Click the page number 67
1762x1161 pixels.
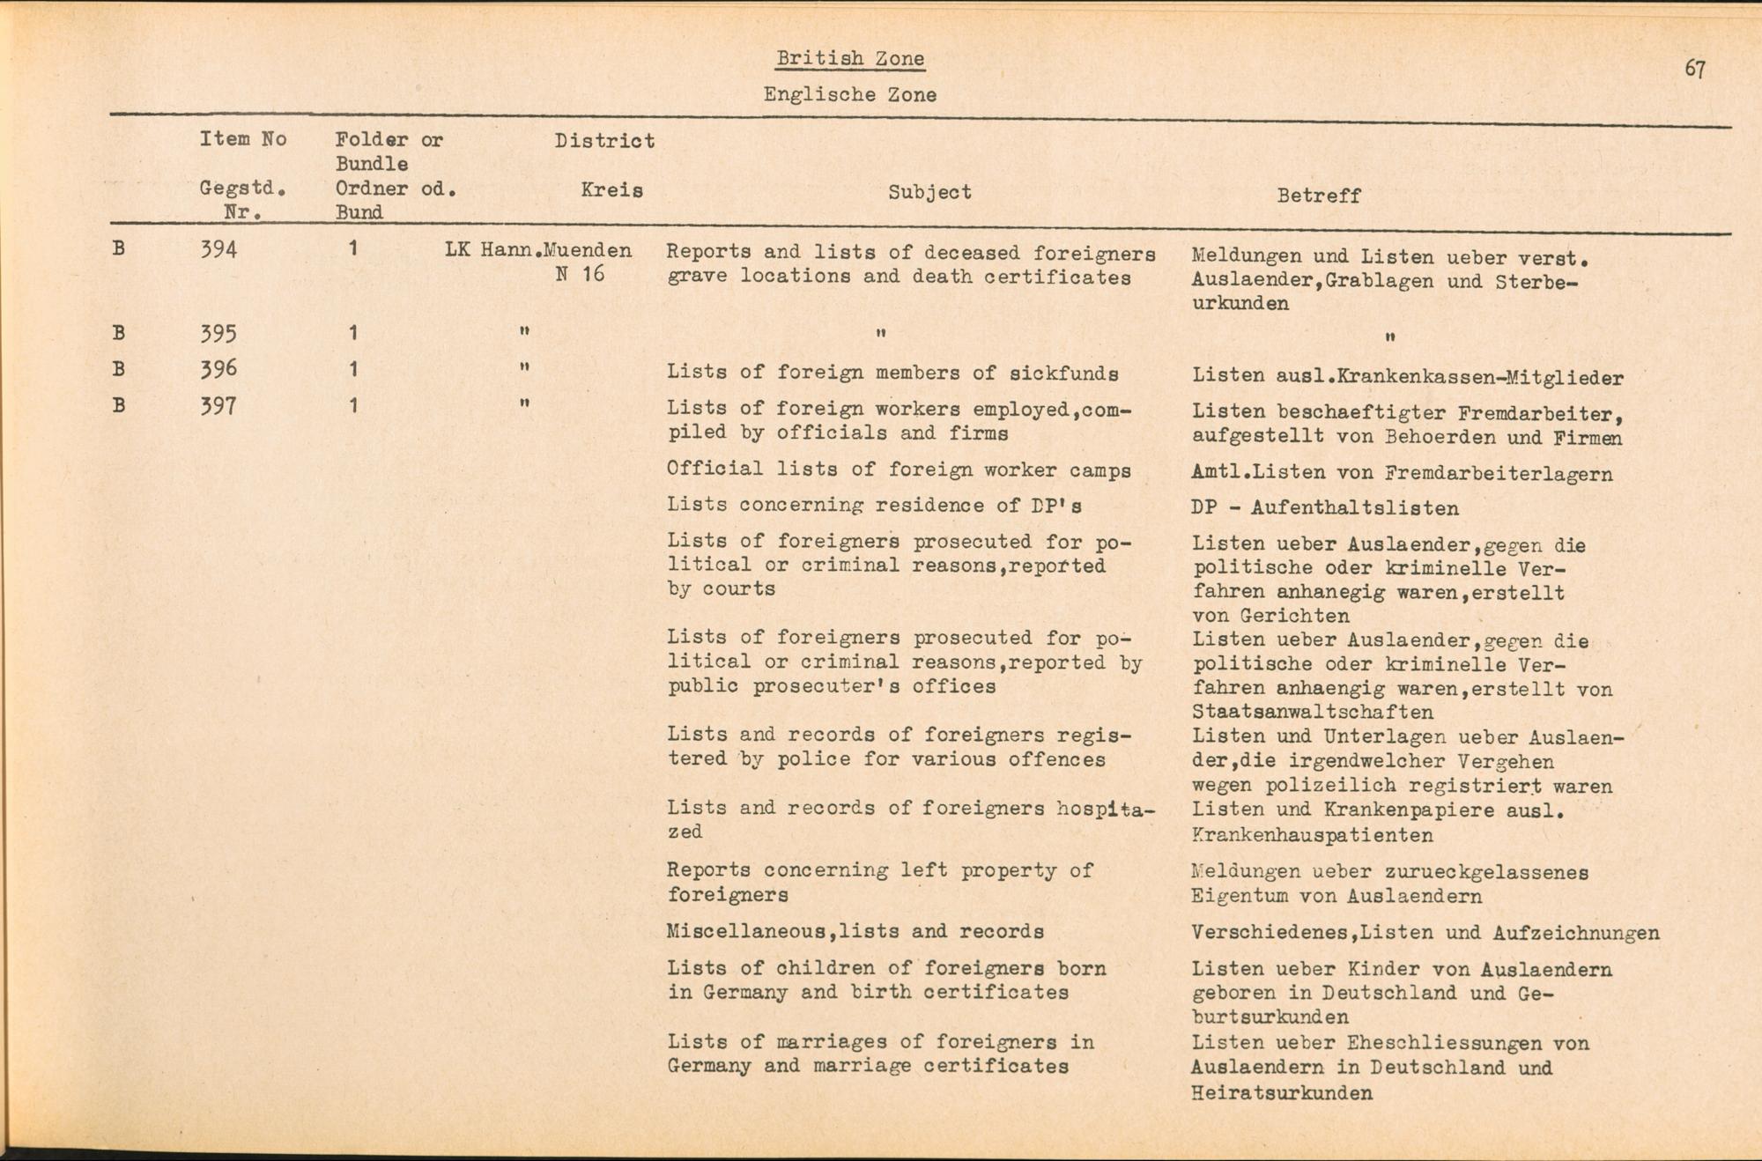point(1695,69)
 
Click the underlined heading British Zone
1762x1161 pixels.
point(850,59)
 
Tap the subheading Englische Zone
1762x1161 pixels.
point(850,95)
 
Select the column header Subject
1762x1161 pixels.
point(929,192)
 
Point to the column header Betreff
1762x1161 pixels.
point(1319,196)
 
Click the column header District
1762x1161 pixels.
point(604,141)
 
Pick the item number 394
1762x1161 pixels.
point(218,250)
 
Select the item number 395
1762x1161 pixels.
point(218,334)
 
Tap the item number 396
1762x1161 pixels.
point(218,369)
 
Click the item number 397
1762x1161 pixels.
point(218,406)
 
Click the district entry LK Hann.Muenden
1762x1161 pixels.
point(538,250)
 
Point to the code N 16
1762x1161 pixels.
point(581,274)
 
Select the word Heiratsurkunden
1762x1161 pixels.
point(1282,1094)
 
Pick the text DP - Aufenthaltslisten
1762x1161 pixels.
point(1324,508)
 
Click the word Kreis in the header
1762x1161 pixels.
point(611,190)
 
